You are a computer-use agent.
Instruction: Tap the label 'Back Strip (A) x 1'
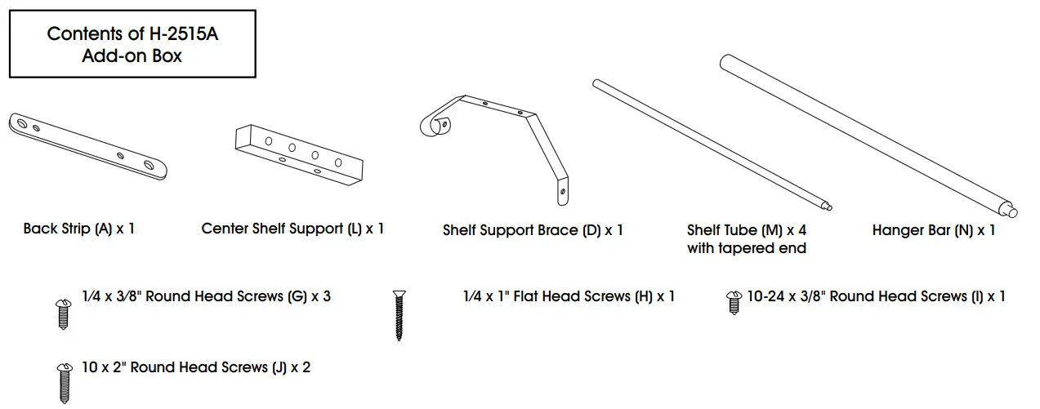click(78, 229)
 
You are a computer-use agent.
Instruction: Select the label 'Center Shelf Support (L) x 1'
click(292, 229)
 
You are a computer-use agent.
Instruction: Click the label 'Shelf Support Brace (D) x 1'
click(533, 230)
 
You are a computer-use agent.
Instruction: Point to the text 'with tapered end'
click(746, 248)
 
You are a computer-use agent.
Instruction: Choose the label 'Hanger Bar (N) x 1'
click(933, 230)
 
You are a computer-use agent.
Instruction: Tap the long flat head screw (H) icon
click(399, 314)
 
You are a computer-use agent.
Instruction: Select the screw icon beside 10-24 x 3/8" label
click(732, 302)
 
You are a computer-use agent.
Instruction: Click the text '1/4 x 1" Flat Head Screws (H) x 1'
click(568, 296)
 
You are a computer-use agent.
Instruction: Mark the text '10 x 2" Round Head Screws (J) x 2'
click(196, 367)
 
